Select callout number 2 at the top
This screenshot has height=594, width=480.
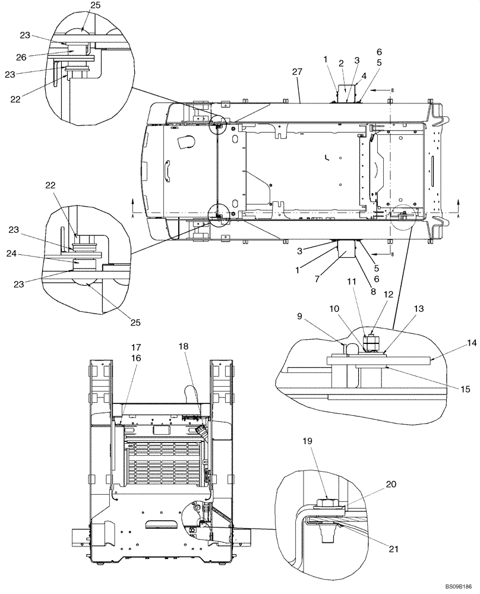[342, 64]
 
